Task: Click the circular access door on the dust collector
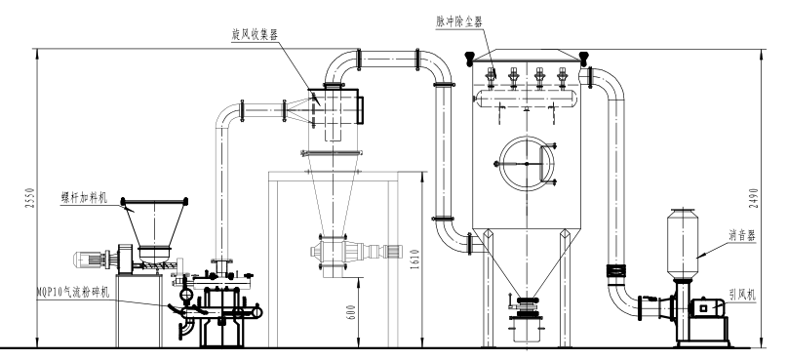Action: pyautogui.click(x=526, y=163)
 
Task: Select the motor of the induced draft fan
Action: pyautogui.click(x=707, y=309)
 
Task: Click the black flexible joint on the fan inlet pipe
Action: pyautogui.click(x=617, y=268)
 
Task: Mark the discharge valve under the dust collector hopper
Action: pyautogui.click(x=527, y=310)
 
